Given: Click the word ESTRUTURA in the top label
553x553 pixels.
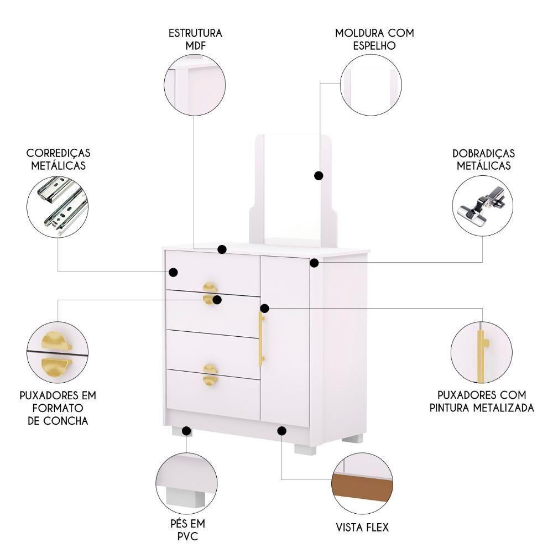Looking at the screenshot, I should click(x=195, y=33).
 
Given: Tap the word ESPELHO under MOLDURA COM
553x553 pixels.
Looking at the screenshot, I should click(x=374, y=45).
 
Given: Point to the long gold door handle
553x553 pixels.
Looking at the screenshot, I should click(x=262, y=338).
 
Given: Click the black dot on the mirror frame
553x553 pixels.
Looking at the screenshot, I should click(x=319, y=175).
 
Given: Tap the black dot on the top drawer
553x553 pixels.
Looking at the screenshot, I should click(x=173, y=272).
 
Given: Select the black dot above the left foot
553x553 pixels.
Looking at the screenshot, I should click(x=186, y=430).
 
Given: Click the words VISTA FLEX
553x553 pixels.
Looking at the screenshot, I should click(x=362, y=527).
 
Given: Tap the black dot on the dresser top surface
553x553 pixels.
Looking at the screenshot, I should click(x=222, y=249).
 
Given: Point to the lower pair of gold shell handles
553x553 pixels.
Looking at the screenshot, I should click(x=210, y=374).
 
